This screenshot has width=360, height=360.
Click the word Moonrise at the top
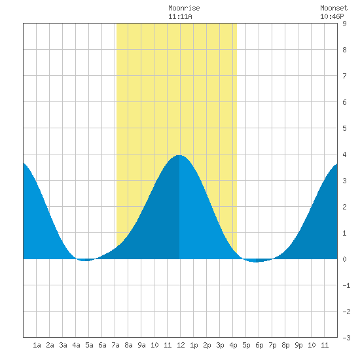point(184,8)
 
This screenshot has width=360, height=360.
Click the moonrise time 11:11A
point(180,16)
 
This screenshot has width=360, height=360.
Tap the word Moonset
point(334,8)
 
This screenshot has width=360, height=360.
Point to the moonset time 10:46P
point(332,16)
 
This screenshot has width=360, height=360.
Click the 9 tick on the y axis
point(344,24)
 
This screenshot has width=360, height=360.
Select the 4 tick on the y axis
point(344,154)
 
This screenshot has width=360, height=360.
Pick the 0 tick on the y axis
point(344,259)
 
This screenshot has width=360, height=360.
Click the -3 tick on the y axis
point(346,338)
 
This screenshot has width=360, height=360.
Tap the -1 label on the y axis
point(346,285)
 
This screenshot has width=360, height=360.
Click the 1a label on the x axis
point(37,345)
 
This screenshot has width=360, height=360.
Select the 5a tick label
point(89,345)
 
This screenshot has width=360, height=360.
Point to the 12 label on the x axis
point(181,345)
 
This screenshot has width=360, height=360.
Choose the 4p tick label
point(233,345)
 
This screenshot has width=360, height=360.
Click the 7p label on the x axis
point(272,345)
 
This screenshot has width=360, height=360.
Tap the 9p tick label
point(298,345)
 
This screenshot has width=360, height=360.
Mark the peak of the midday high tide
point(179,155)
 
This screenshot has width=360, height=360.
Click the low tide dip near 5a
point(84,261)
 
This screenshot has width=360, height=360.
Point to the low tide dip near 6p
point(256,262)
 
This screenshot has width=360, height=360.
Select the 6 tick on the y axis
point(344,102)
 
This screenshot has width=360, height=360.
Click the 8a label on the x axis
point(128,345)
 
